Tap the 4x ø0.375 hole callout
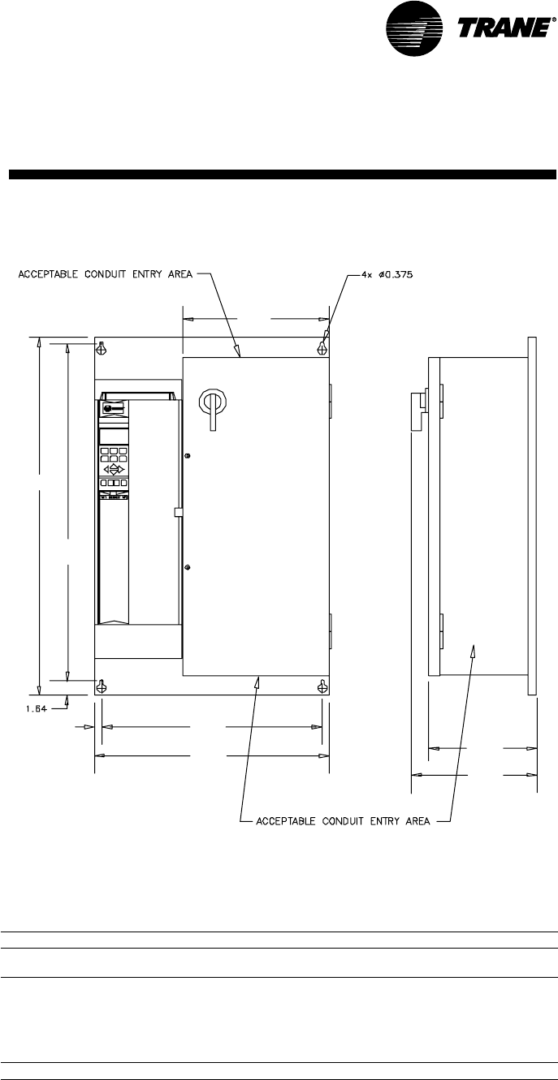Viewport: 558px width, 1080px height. click(x=387, y=273)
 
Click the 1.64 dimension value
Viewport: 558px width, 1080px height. click(x=28, y=708)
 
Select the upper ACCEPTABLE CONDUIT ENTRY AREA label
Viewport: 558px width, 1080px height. click(x=106, y=273)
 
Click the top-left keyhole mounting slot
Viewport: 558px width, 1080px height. click(x=102, y=349)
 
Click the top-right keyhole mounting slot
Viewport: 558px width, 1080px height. click(x=322, y=349)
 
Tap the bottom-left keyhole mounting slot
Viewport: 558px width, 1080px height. click(x=102, y=686)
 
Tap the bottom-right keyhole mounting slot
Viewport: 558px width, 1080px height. click(x=322, y=686)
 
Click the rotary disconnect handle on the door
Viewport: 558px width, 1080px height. click(x=214, y=403)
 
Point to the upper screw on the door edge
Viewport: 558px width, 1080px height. click(x=187, y=457)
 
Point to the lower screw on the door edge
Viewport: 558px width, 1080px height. click(x=187, y=567)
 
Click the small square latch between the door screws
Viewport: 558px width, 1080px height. click(x=179, y=512)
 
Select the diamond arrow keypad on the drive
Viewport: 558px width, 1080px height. click(x=115, y=470)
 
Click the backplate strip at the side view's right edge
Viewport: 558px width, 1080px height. click(x=532, y=515)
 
